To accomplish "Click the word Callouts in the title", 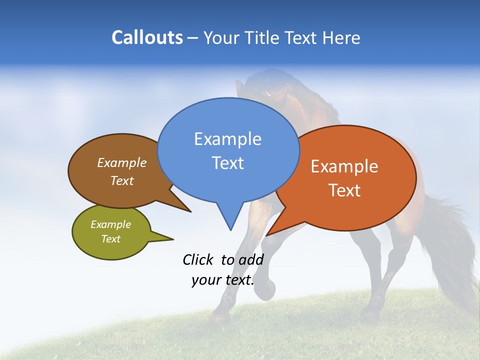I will (x=147, y=37).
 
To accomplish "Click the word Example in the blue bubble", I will (x=227, y=139).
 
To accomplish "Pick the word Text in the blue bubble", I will (x=227, y=163).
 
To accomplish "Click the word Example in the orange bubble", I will (x=344, y=166).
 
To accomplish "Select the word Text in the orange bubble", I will (x=344, y=190).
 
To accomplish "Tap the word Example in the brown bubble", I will (x=122, y=162).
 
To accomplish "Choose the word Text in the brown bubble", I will (x=122, y=180).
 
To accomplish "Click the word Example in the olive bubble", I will (x=111, y=224).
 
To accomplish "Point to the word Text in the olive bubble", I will (x=111, y=239).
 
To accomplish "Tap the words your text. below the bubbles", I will (x=223, y=280).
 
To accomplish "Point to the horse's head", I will (x=272, y=92).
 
